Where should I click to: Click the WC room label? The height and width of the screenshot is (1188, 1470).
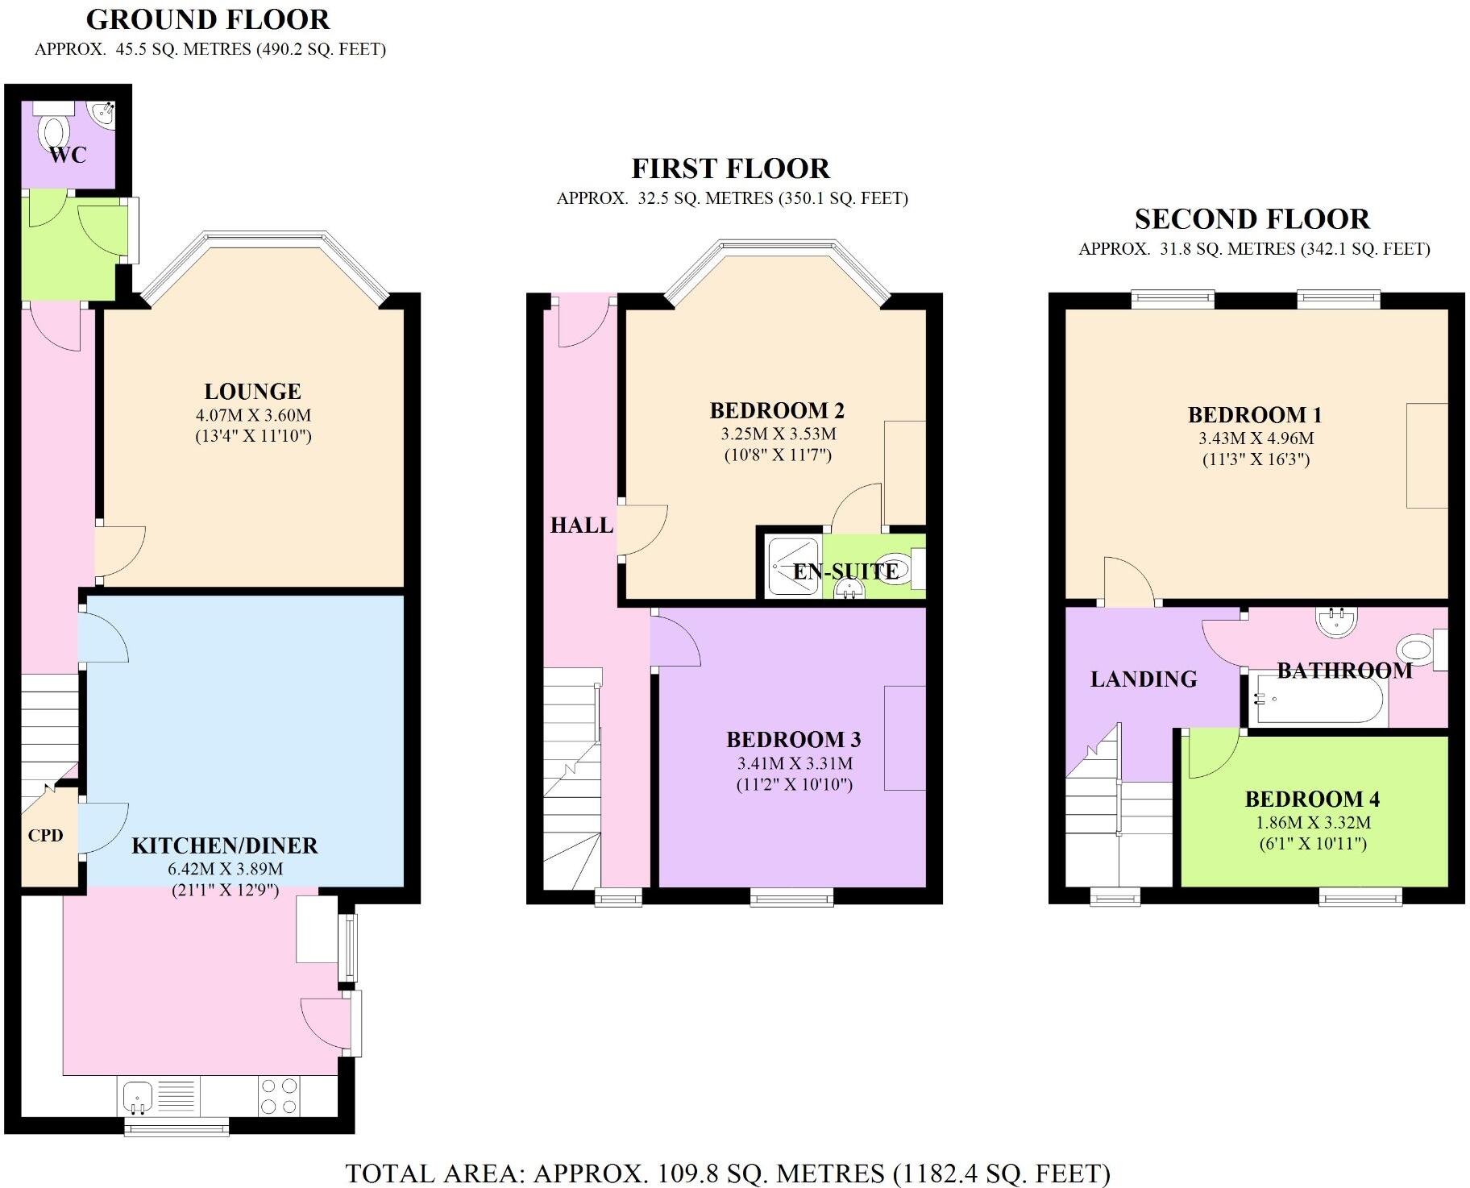tap(68, 155)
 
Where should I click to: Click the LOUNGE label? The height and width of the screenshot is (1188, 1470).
tap(252, 392)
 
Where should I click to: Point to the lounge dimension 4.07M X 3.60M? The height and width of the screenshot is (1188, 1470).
tap(253, 416)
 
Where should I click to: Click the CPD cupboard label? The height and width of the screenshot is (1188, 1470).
tap(45, 836)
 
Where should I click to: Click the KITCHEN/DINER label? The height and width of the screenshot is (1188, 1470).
tap(225, 845)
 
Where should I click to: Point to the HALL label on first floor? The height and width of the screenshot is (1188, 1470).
tap(582, 525)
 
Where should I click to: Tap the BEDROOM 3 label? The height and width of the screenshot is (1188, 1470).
tap(794, 740)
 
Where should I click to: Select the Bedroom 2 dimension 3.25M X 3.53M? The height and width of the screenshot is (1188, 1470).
tap(779, 434)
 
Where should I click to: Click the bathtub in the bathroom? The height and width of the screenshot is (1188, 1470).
tap(1317, 700)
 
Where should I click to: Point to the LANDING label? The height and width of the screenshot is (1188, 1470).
tap(1144, 679)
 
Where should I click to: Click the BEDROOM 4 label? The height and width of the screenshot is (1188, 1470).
tap(1312, 800)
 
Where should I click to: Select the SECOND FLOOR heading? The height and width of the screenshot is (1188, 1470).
tap(1252, 219)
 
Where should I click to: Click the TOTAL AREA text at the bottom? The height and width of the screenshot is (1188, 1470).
tap(728, 1173)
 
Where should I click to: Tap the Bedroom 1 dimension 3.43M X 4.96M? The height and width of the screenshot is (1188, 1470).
tap(1256, 439)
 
